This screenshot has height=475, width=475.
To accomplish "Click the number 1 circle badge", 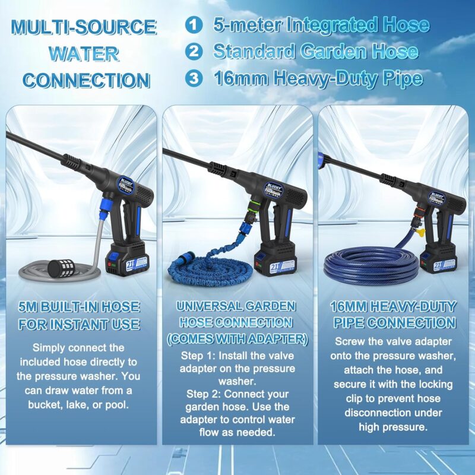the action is coord(194,25).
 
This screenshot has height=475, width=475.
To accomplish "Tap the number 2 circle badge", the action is coord(194,52).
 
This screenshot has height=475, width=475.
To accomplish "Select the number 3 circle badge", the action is coord(194,78).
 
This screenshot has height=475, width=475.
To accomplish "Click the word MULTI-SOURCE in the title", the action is coord(84,27).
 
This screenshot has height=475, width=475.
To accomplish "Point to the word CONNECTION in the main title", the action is coord(86,81).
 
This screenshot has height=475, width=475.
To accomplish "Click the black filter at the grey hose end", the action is coord(60,268).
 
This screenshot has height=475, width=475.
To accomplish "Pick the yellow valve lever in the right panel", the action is coord(421,232).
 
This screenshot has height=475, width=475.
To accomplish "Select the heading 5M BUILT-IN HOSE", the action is coord(79,307).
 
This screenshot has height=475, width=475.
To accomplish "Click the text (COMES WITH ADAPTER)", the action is coord(237,338).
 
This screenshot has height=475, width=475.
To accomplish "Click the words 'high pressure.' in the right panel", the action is coord(393,427).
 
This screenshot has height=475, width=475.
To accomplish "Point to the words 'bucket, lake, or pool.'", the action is coord(78,405).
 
